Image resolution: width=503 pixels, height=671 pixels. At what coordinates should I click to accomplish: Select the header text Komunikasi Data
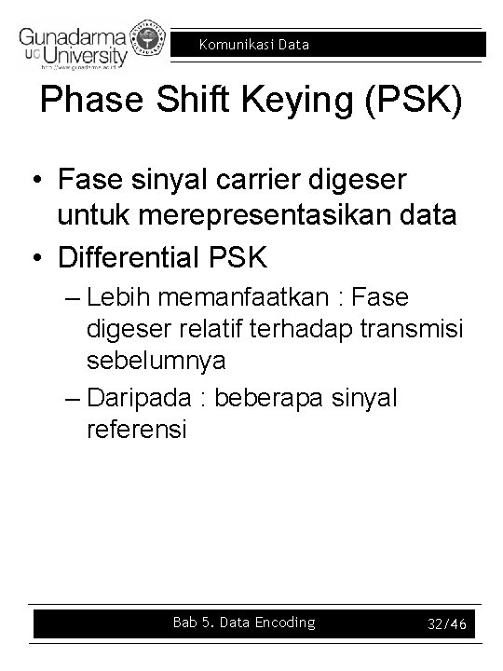[253, 44]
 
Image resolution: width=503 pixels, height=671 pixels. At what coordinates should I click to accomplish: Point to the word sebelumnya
[156, 360]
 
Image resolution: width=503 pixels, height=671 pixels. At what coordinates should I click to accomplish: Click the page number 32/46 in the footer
[443, 623]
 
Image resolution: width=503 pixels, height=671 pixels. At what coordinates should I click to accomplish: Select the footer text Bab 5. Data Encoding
[244, 623]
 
